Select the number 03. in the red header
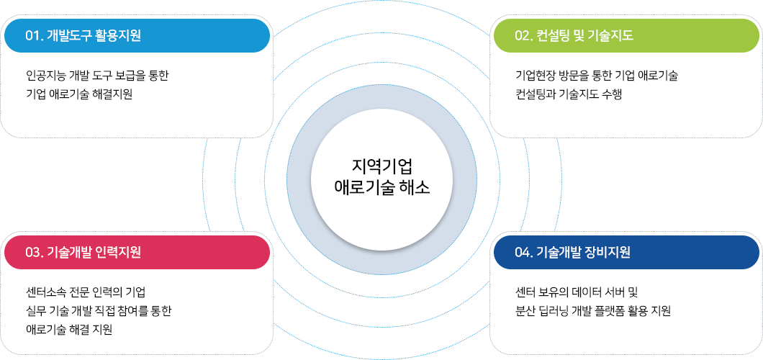tap(34, 252)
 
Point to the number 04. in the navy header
tap(524, 252)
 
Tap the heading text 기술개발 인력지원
tap(94, 252)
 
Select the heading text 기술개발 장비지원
tap(584, 252)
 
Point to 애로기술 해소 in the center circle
tap(382, 188)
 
